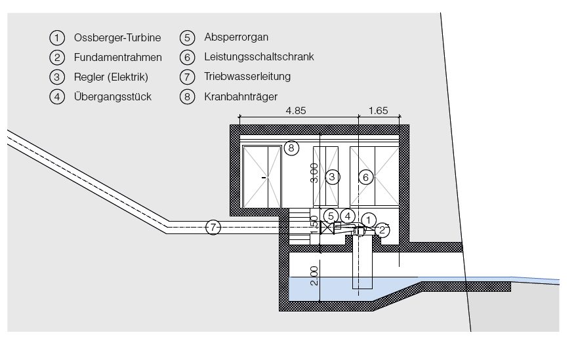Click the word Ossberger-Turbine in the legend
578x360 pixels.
[118, 37]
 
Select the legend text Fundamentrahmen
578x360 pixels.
[118, 57]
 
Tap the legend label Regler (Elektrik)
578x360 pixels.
[111, 77]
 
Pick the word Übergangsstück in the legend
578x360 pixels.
[113, 96]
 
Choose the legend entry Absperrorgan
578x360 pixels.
[236, 37]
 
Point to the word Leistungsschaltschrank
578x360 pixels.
[259, 57]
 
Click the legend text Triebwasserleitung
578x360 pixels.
[247, 77]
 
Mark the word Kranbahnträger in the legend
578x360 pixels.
[241, 96]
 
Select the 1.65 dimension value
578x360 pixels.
[377, 111]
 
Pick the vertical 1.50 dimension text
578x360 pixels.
[315, 224]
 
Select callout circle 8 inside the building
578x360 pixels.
[291, 148]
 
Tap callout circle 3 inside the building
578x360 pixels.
[333, 176]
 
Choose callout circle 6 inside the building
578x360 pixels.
[366, 176]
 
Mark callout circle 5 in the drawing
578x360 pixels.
[331, 215]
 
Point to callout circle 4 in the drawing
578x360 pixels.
[348, 215]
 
